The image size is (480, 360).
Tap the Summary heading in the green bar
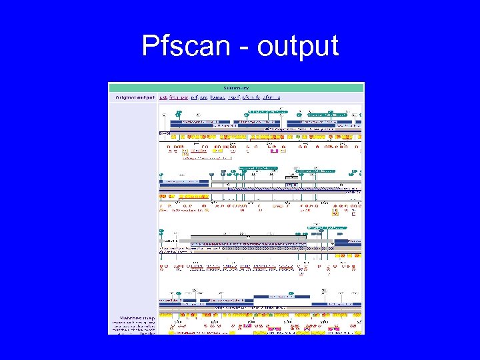(x=236, y=87)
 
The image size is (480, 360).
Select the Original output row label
(x=135, y=97)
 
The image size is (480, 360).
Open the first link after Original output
(x=163, y=97)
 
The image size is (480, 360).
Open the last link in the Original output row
(x=271, y=97)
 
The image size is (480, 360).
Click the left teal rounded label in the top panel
(x=263, y=111)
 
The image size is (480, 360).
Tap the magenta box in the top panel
(x=274, y=151)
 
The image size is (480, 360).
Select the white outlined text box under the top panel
(x=207, y=158)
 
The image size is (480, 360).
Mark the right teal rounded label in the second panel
(x=316, y=171)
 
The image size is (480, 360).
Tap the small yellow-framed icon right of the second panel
(x=335, y=213)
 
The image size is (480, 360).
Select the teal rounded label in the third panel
(x=327, y=227)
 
